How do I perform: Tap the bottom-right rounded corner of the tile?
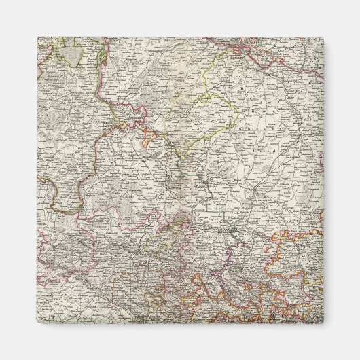tap(322, 323)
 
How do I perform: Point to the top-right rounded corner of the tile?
tap(322, 39)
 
